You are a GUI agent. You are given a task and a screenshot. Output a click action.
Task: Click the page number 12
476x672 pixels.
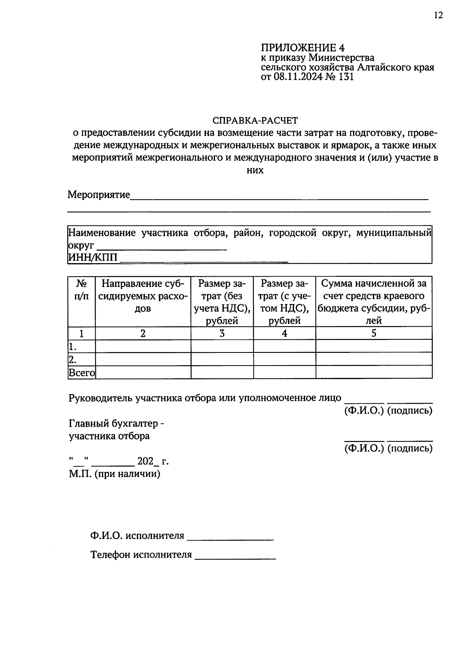click(438, 15)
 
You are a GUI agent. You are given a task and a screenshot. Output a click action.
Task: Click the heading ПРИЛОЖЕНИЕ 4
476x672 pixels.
click(303, 48)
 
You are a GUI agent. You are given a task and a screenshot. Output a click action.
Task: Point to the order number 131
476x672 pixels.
click(346, 77)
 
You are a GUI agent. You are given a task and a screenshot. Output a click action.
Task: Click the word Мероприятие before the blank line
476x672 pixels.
click(99, 195)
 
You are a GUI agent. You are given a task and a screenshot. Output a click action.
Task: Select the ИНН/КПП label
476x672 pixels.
click(93, 258)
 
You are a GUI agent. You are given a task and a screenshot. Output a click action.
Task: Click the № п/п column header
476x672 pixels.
click(82, 290)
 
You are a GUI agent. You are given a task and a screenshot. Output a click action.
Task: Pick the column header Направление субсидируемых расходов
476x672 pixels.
click(143, 296)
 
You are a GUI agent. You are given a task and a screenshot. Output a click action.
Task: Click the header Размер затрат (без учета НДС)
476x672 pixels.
click(222, 302)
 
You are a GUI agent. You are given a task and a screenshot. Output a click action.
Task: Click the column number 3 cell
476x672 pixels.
click(222, 333)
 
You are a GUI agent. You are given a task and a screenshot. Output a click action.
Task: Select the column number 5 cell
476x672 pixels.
click(374, 333)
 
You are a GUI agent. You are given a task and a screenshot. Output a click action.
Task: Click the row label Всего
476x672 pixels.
click(82, 373)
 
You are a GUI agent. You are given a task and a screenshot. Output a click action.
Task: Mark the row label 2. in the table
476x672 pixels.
click(73, 360)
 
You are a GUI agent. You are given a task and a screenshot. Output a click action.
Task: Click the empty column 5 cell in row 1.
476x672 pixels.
click(374, 346)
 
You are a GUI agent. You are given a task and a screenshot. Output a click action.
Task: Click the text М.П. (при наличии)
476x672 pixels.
click(115, 474)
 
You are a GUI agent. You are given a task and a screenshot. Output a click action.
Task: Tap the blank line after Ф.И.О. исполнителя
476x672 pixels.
click(230, 538)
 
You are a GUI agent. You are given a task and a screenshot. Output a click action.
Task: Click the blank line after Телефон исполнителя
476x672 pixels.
click(236, 557)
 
